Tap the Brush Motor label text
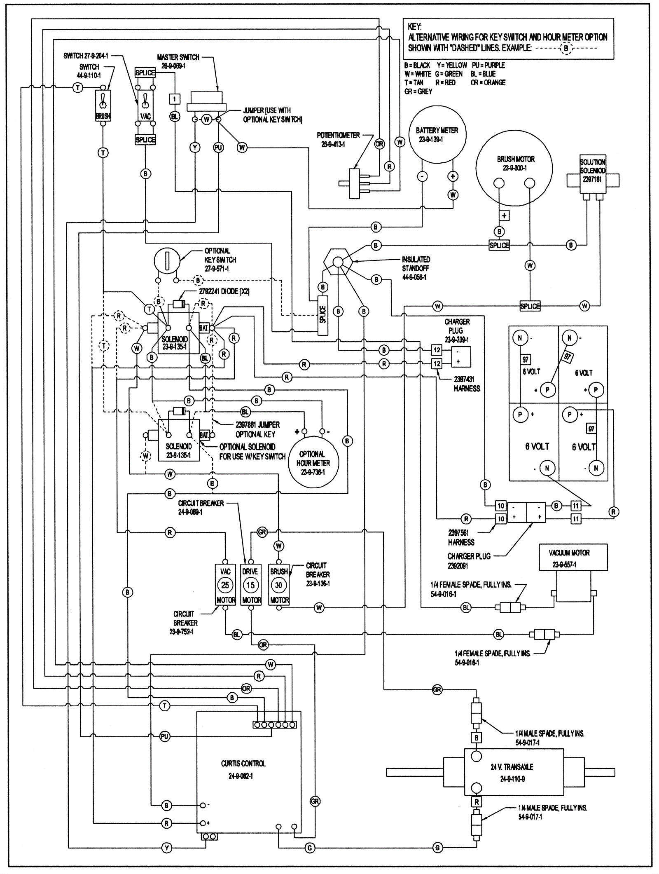516,159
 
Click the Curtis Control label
243,764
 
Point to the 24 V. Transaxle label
512,767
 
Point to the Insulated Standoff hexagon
337,261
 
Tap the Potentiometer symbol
354,183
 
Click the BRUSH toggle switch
103,105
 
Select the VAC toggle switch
145,105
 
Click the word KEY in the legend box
414,27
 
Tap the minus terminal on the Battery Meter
422,176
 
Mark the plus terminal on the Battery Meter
453,176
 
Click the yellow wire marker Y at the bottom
167,848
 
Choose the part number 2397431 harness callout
464,379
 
